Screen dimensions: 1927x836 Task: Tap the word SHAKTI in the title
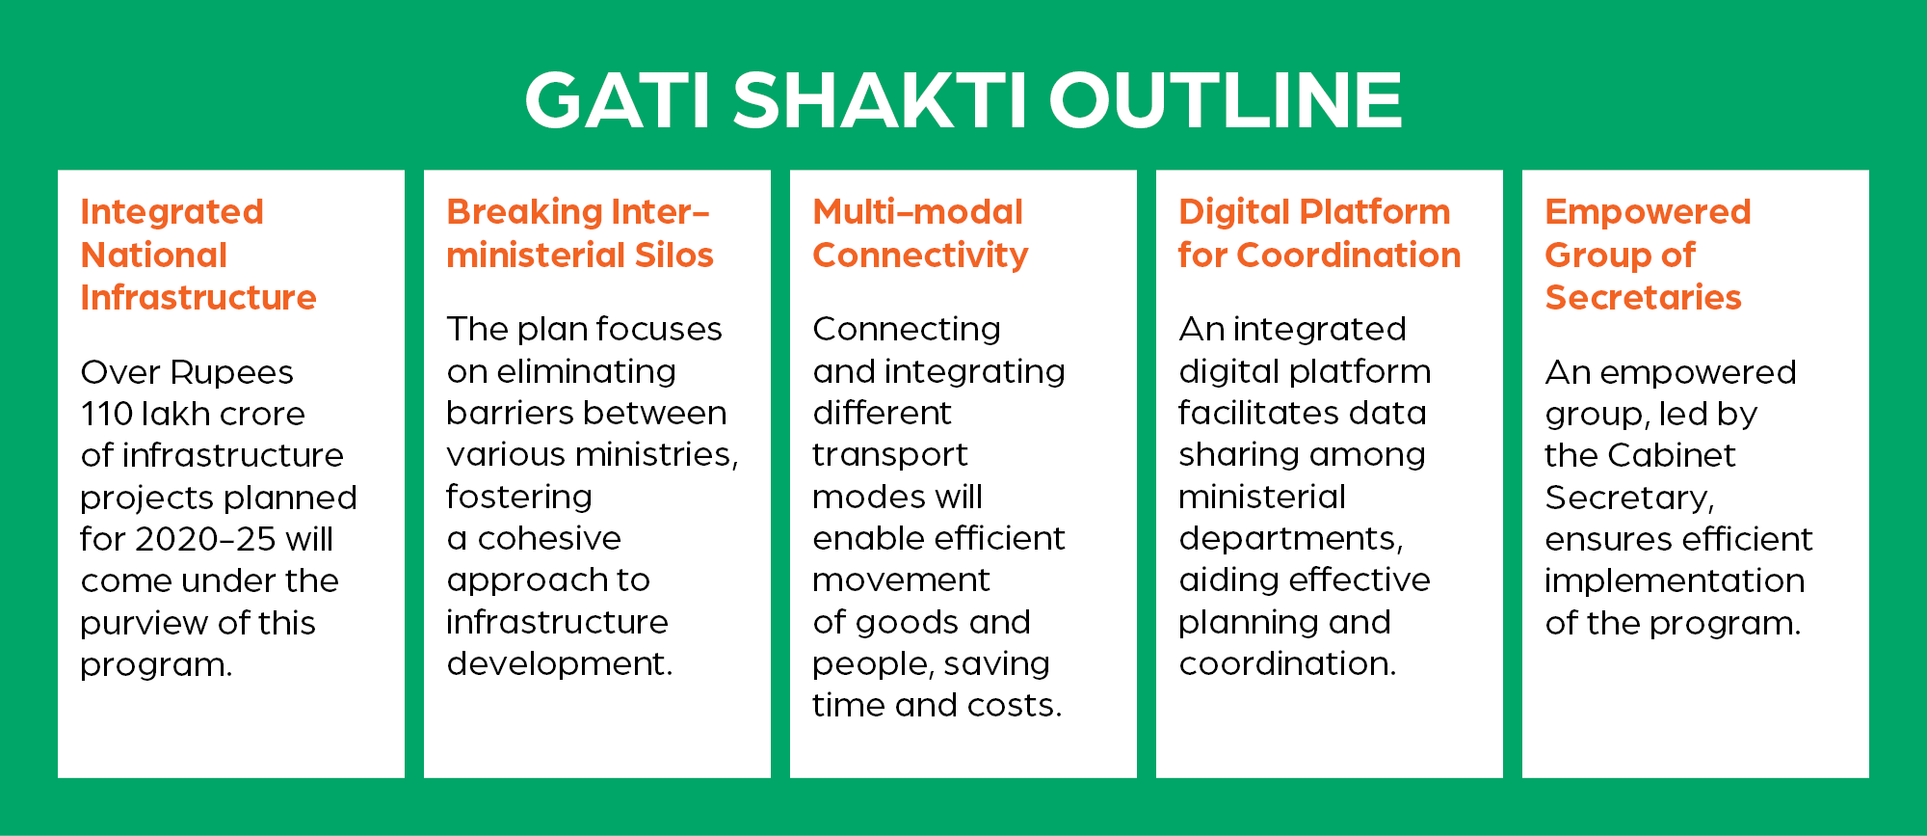click(x=880, y=99)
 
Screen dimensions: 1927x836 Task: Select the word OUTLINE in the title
click(x=1225, y=99)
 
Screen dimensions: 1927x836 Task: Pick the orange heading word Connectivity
click(x=920, y=256)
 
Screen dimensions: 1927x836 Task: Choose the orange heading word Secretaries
click(x=1643, y=298)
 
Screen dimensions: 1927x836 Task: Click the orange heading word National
click(x=154, y=255)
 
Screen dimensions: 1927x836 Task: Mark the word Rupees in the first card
click(x=234, y=373)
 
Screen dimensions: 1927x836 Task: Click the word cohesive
click(x=549, y=538)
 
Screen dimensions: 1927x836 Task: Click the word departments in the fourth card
click(x=1290, y=539)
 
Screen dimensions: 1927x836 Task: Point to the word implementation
click(x=1675, y=581)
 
